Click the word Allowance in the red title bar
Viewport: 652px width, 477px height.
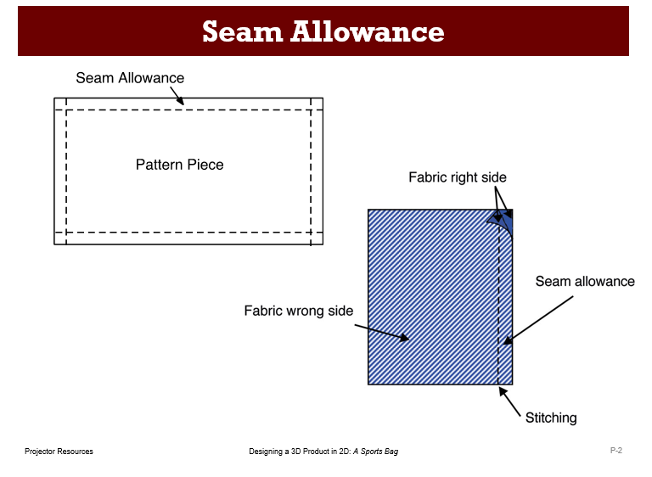tap(368, 31)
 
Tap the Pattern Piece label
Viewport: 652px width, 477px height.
tap(180, 165)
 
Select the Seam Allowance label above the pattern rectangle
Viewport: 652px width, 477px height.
tap(130, 78)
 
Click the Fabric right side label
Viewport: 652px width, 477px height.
tap(457, 177)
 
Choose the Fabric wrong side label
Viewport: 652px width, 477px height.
tap(298, 311)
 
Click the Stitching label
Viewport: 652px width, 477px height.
tap(551, 418)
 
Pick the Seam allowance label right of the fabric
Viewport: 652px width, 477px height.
tap(585, 282)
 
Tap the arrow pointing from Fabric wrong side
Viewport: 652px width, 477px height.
tap(381, 332)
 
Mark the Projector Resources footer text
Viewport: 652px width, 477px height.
tap(59, 452)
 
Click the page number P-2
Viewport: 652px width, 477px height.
tap(616, 451)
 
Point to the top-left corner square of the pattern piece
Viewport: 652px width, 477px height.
tap(60, 104)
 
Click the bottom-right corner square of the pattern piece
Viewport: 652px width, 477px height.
tap(317, 238)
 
